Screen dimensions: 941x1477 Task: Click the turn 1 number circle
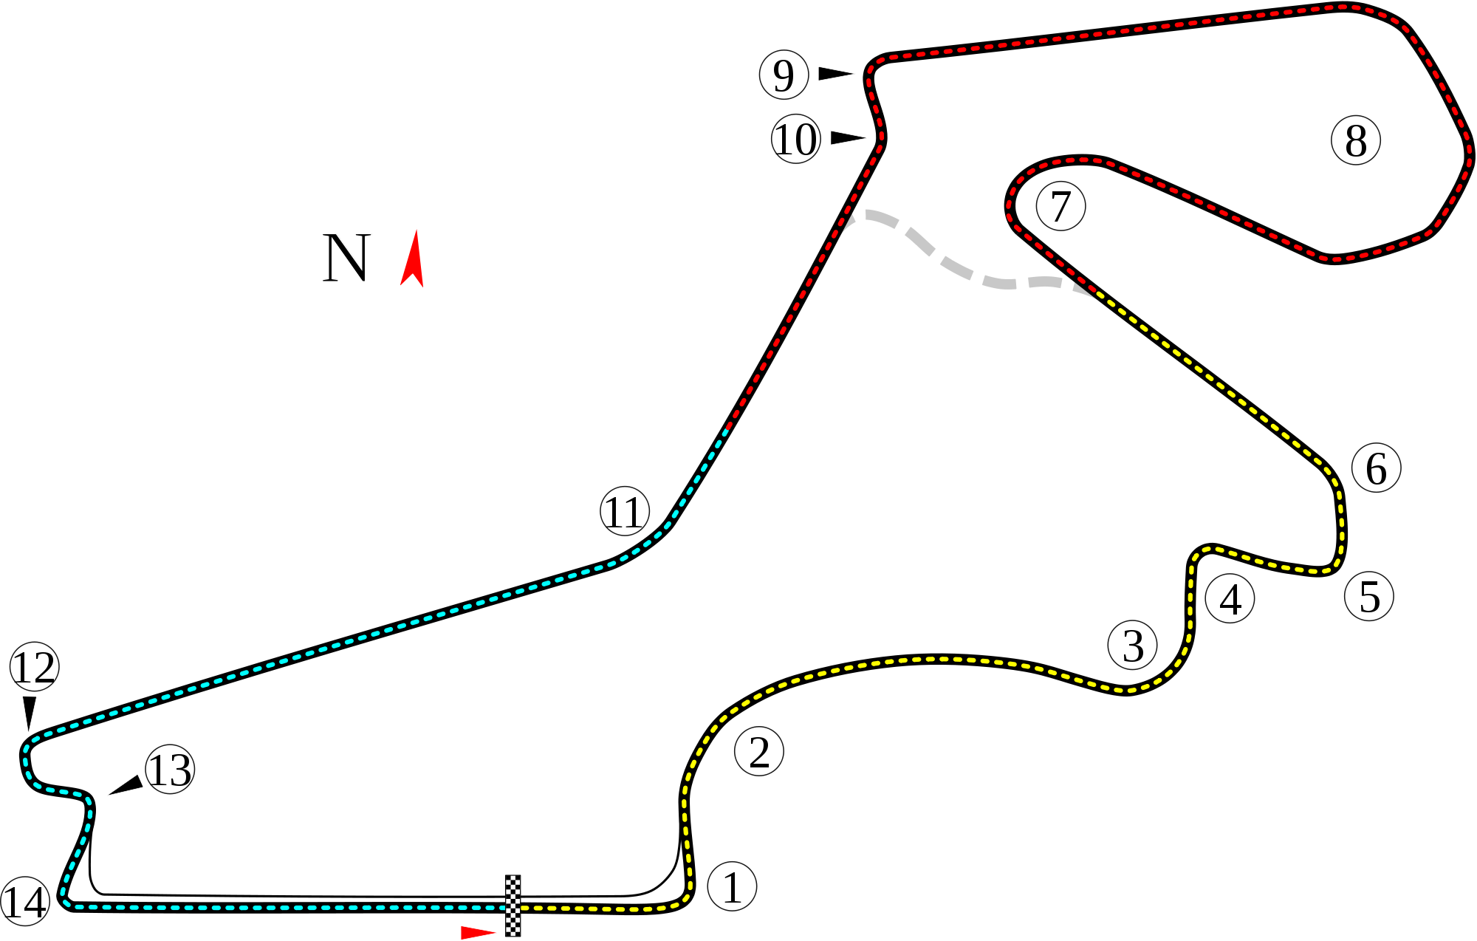pyautogui.click(x=732, y=886)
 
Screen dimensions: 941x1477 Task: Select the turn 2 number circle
pyautogui.click(x=759, y=751)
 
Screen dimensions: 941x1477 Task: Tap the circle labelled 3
pyautogui.click(x=1132, y=645)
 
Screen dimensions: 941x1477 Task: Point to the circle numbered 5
pyautogui.click(x=1368, y=596)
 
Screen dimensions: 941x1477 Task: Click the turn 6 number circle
pyautogui.click(x=1376, y=468)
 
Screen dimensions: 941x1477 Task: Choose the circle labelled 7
pyautogui.click(x=1060, y=206)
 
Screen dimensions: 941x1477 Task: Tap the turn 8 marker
pyautogui.click(x=1356, y=140)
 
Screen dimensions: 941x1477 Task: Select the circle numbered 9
pyautogui.click(x=784, y=75)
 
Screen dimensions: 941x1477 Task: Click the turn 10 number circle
pyautogui.click(x=796, y=139)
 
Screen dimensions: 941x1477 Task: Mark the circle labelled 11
pyautogui.click(x=625, y=510)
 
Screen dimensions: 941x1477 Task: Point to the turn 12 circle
pyautogui.click(x=35, y=666)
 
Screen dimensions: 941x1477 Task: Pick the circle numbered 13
pyautogui.click(x=170, y=769)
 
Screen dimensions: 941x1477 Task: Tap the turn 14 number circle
pyautogui.click(x=25, y=902)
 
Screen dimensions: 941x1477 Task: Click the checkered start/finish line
pyautogui.click(x=513, y=906)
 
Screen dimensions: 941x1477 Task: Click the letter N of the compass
pyautogui.click(x=346, y=259)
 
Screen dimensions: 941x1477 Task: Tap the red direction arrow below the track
pyautogui.click(x=478, y=932)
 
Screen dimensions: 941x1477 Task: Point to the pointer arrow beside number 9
pyautogui.click(x=835, y=73)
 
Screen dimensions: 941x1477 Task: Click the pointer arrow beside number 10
pyautogui.click(x=847, y=138)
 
